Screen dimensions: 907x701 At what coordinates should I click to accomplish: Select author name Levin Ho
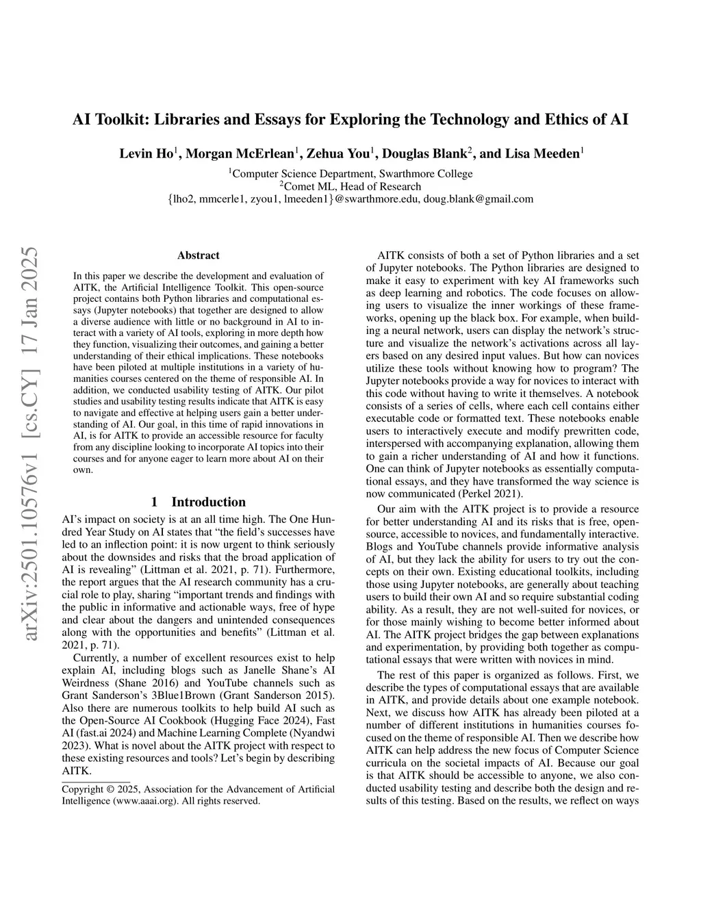tap(146, 153)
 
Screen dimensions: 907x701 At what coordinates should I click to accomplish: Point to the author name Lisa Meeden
tap(542, 153)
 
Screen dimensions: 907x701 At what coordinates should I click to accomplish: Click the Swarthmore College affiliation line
tap(352, 173)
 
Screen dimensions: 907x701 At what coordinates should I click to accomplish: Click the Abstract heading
tap(199, 255)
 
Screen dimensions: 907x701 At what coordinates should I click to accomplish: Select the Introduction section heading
tap(208, 502)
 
